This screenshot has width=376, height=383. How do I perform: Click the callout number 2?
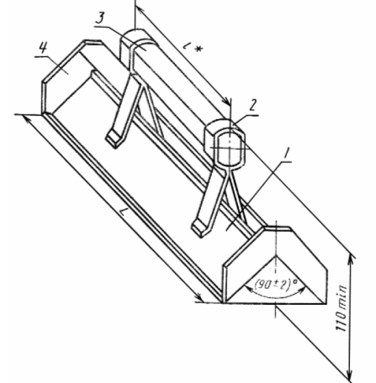click(x=252, y=105)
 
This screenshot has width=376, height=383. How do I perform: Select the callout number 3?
click(x=99, y=18)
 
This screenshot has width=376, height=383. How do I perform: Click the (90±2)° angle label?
click(x=275, y=285)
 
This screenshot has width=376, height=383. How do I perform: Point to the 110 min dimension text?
click(x=342, y=308)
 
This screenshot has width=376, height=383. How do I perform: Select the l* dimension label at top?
click(x=192, y=47)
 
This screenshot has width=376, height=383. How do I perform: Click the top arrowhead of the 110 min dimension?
click(x=350, y=260)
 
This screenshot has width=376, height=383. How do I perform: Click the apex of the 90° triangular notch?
click(x=276, y=255)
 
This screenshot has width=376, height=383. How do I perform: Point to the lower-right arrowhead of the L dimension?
click(x=199, y=297)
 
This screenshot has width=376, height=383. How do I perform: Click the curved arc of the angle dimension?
click(x=275, y=296)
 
